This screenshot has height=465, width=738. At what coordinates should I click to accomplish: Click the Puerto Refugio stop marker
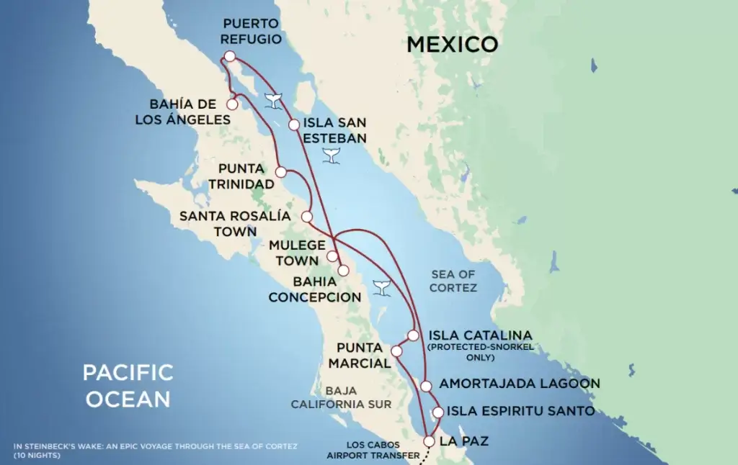pos(229,56)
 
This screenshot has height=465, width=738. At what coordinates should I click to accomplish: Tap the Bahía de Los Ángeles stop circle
pos(232,104)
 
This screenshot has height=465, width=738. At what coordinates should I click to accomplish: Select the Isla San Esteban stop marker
pos(294,125)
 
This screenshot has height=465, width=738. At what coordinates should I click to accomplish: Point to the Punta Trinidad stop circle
pos(281,172)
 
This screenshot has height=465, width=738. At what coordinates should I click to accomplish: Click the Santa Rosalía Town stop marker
pos(307,216)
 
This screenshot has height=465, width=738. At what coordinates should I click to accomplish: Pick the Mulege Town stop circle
pos(332,256)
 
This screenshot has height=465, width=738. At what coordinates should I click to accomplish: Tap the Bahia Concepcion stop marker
pos(344,270)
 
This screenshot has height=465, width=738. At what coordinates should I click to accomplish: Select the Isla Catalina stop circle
pos(413,335)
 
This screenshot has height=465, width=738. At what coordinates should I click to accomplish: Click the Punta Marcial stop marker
pos(396,351)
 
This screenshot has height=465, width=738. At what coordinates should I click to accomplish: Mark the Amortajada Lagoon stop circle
pos(427,386)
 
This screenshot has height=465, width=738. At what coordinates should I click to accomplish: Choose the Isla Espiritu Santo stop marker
pos(437,412)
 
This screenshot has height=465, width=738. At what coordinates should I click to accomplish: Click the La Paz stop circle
pos(430,441)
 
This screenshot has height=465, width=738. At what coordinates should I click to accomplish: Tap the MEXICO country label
pos(452,44)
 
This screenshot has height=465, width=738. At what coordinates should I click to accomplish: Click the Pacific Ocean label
pos(128,386)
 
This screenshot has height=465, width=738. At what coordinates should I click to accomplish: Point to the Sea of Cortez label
pos(454,281)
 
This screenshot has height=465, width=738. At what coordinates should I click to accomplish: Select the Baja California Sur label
pos(341,397)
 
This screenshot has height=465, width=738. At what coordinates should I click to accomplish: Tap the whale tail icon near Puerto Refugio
pos(273,101)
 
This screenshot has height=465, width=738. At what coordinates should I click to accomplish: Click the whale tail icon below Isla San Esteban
pos(332,155)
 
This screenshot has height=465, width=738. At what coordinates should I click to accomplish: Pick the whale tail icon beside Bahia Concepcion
pos(381,287)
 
